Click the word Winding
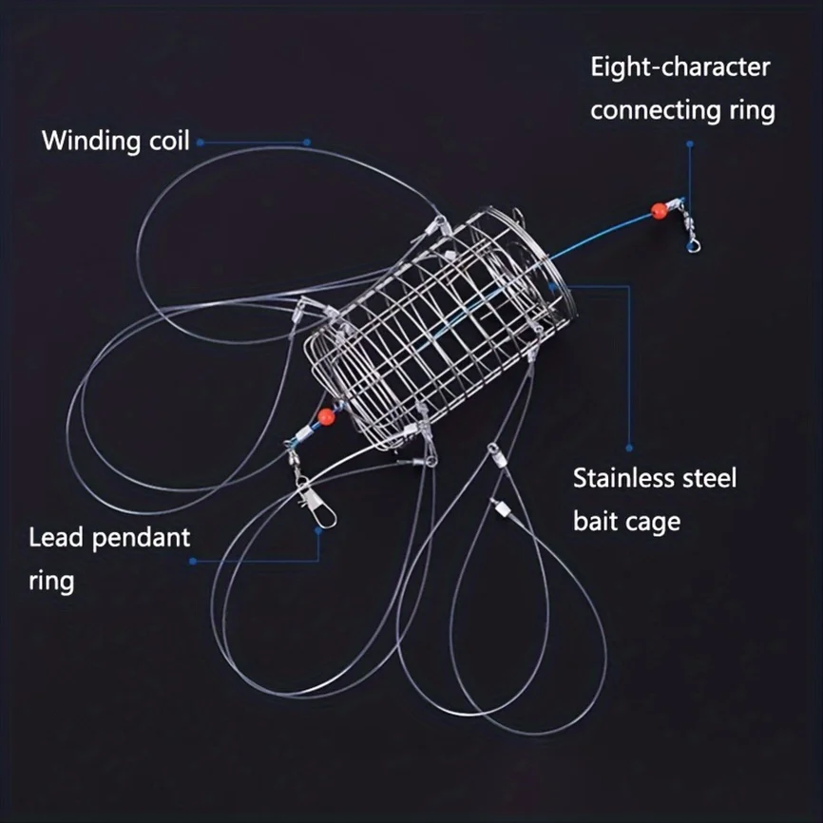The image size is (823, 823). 90,142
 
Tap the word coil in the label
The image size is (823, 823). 167,142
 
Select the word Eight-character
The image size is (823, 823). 679,67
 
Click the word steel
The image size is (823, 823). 708,477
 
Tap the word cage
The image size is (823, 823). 653,521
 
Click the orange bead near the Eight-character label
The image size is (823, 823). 656,210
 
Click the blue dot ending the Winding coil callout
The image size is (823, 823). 308,142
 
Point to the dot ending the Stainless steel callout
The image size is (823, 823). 629,447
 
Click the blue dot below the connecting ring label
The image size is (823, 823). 690,145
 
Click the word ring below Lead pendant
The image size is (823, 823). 51,581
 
